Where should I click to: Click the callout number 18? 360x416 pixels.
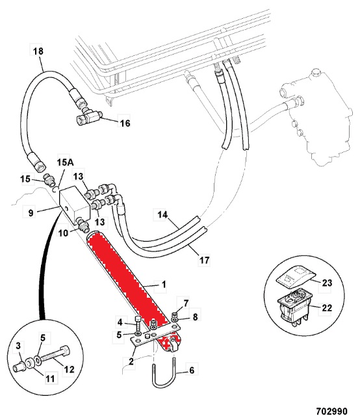pyautogui.click(x=38, y=51)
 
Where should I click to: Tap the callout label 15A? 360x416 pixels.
pyautogui.click(x=65, y=162)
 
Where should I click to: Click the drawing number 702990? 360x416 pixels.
pyautogui.click(x=332, y=411)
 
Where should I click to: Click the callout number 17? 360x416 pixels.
pyautogui.click(x=204, y=260)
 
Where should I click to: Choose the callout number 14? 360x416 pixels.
pyautogui.click(x=162, y=214)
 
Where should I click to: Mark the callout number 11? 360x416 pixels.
pyautogui.click(x=50, y=378)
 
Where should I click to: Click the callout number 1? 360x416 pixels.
pyautogui.click(x=164, y=285)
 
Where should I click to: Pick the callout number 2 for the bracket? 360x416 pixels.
pyautogui.click(x=131, y=361)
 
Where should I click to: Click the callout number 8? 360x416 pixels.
pyautogui.click(x=195, y=317)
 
